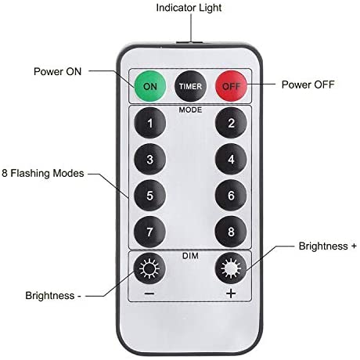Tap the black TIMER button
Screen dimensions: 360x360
point(190,86)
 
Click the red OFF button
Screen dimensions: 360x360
point(231,86)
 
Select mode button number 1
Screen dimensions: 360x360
point(149,123)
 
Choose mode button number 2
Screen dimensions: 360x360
point(231,123)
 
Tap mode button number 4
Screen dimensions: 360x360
point(231,159)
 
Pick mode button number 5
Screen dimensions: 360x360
point(149,196)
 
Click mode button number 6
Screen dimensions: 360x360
point(231,196)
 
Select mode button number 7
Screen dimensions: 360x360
point(149,232)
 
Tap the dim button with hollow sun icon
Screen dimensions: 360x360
point(149,268)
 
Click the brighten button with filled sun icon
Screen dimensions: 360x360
point(231,268)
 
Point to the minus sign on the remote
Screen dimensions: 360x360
point(149,293)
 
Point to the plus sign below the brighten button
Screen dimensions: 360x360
point(231,293)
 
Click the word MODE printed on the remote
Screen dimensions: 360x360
point(190,110)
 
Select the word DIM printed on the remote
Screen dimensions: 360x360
point(190,256)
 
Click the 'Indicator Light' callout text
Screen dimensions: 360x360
point(189,8)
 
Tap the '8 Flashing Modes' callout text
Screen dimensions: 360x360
point(43,173)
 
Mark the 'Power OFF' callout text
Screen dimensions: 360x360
point(308,85)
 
